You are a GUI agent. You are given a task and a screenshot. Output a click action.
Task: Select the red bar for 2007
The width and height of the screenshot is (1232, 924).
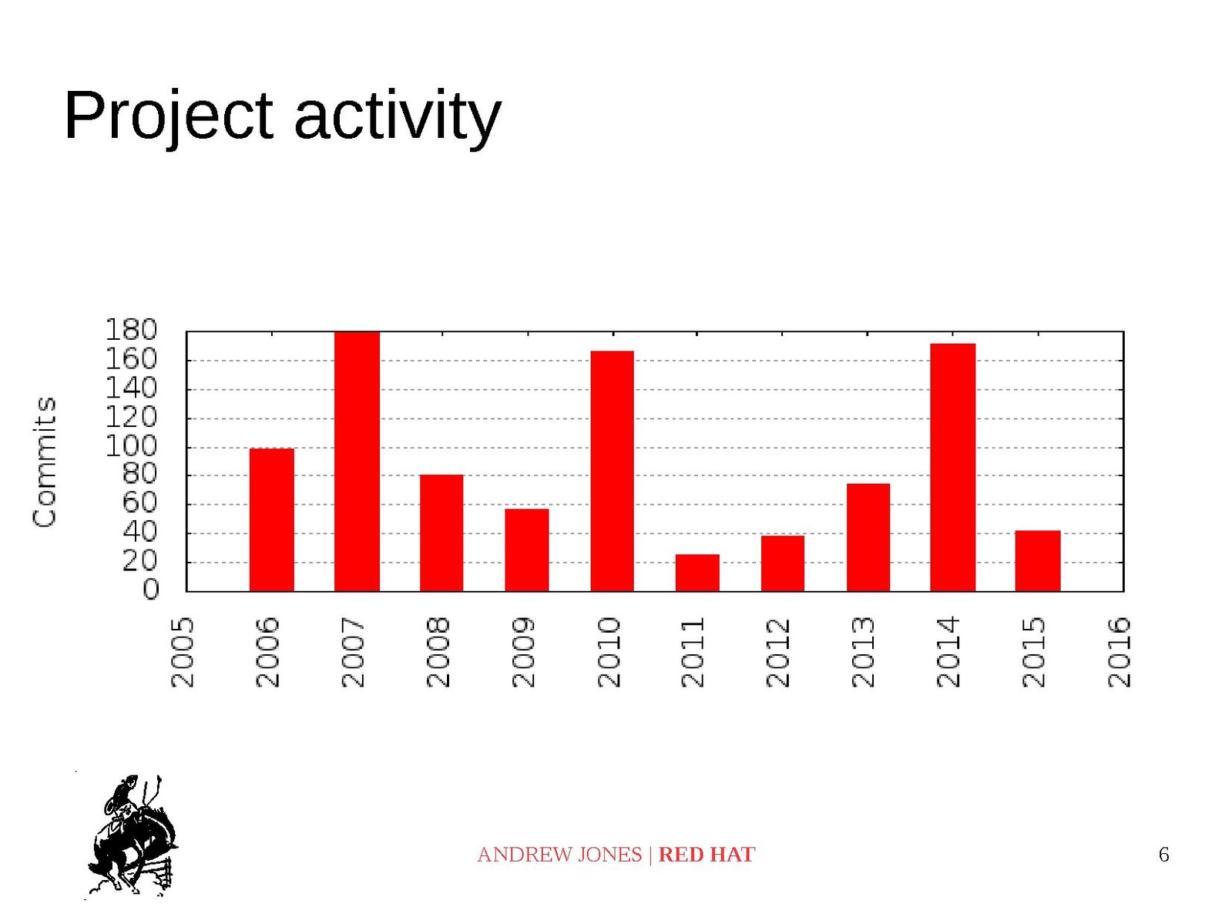click(357, 462)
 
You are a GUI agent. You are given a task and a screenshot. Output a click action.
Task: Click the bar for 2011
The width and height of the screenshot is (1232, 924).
click(697, 573)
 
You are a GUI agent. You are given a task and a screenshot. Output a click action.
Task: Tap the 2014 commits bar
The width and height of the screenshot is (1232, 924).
click(952, 467)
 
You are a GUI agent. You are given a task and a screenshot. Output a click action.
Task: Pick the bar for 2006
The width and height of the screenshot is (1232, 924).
click(272, 520)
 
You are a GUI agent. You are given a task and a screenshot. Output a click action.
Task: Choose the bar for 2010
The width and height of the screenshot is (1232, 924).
click(612, 471)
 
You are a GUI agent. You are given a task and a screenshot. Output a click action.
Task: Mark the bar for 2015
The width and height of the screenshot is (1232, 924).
click(1038, 561)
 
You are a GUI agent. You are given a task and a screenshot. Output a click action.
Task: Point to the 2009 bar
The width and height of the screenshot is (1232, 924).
click(526, 550)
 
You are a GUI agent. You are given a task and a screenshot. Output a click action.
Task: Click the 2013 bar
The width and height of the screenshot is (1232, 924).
click(868, 537)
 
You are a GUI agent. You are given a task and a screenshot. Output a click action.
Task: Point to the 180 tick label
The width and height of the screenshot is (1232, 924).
click(131, 330)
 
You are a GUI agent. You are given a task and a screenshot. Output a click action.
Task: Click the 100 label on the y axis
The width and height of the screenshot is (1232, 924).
click(131, 447)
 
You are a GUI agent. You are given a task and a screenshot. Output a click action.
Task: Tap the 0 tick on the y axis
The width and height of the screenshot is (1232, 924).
click(150, 590)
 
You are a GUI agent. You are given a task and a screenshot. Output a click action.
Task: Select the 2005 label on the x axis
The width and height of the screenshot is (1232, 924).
click(182, 652)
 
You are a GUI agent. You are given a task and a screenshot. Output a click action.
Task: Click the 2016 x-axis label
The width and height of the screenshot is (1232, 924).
click(1119, 652)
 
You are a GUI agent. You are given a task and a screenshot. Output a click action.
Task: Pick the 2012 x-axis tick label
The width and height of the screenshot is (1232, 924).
click(778, 652)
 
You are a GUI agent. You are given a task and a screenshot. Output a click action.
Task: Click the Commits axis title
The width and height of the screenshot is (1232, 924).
click(45, 462)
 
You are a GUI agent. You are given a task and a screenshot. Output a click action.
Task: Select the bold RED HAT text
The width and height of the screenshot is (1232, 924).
click(707, 855)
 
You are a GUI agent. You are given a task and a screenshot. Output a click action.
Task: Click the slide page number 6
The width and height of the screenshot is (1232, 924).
click(1163, 855)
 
